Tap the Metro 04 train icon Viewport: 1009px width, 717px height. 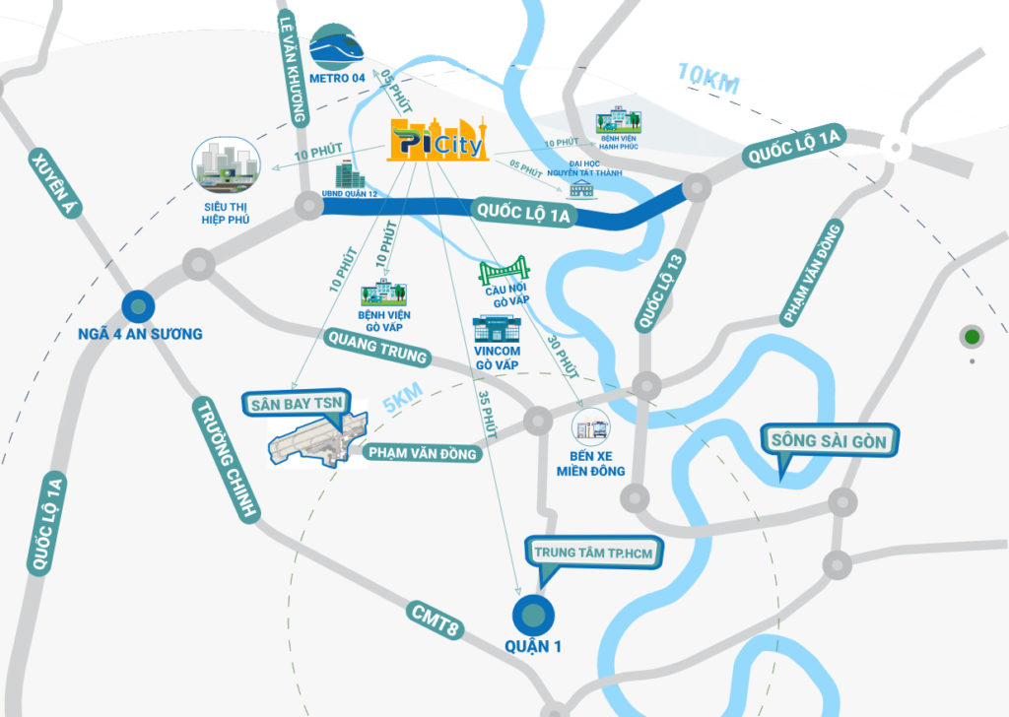point(337,47)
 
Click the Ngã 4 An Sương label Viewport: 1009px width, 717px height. point(140,334)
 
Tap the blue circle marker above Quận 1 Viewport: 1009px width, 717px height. point(533,615)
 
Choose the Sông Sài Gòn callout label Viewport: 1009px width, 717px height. point(830,440)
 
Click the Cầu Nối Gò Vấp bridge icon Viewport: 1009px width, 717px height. point(504,271)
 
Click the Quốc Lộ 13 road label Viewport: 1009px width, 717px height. point(660,290)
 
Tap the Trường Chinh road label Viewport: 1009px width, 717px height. point(226,460)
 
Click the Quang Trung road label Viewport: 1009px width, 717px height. point(377,350)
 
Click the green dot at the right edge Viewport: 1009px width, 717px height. point(973,337)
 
